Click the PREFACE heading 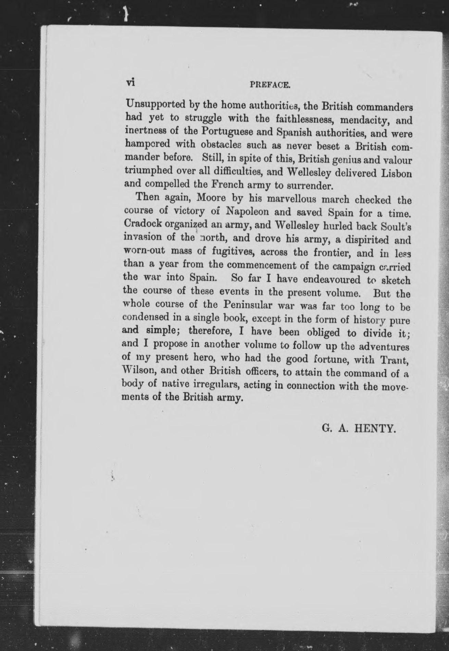[270, 85]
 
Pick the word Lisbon [396, 173]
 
